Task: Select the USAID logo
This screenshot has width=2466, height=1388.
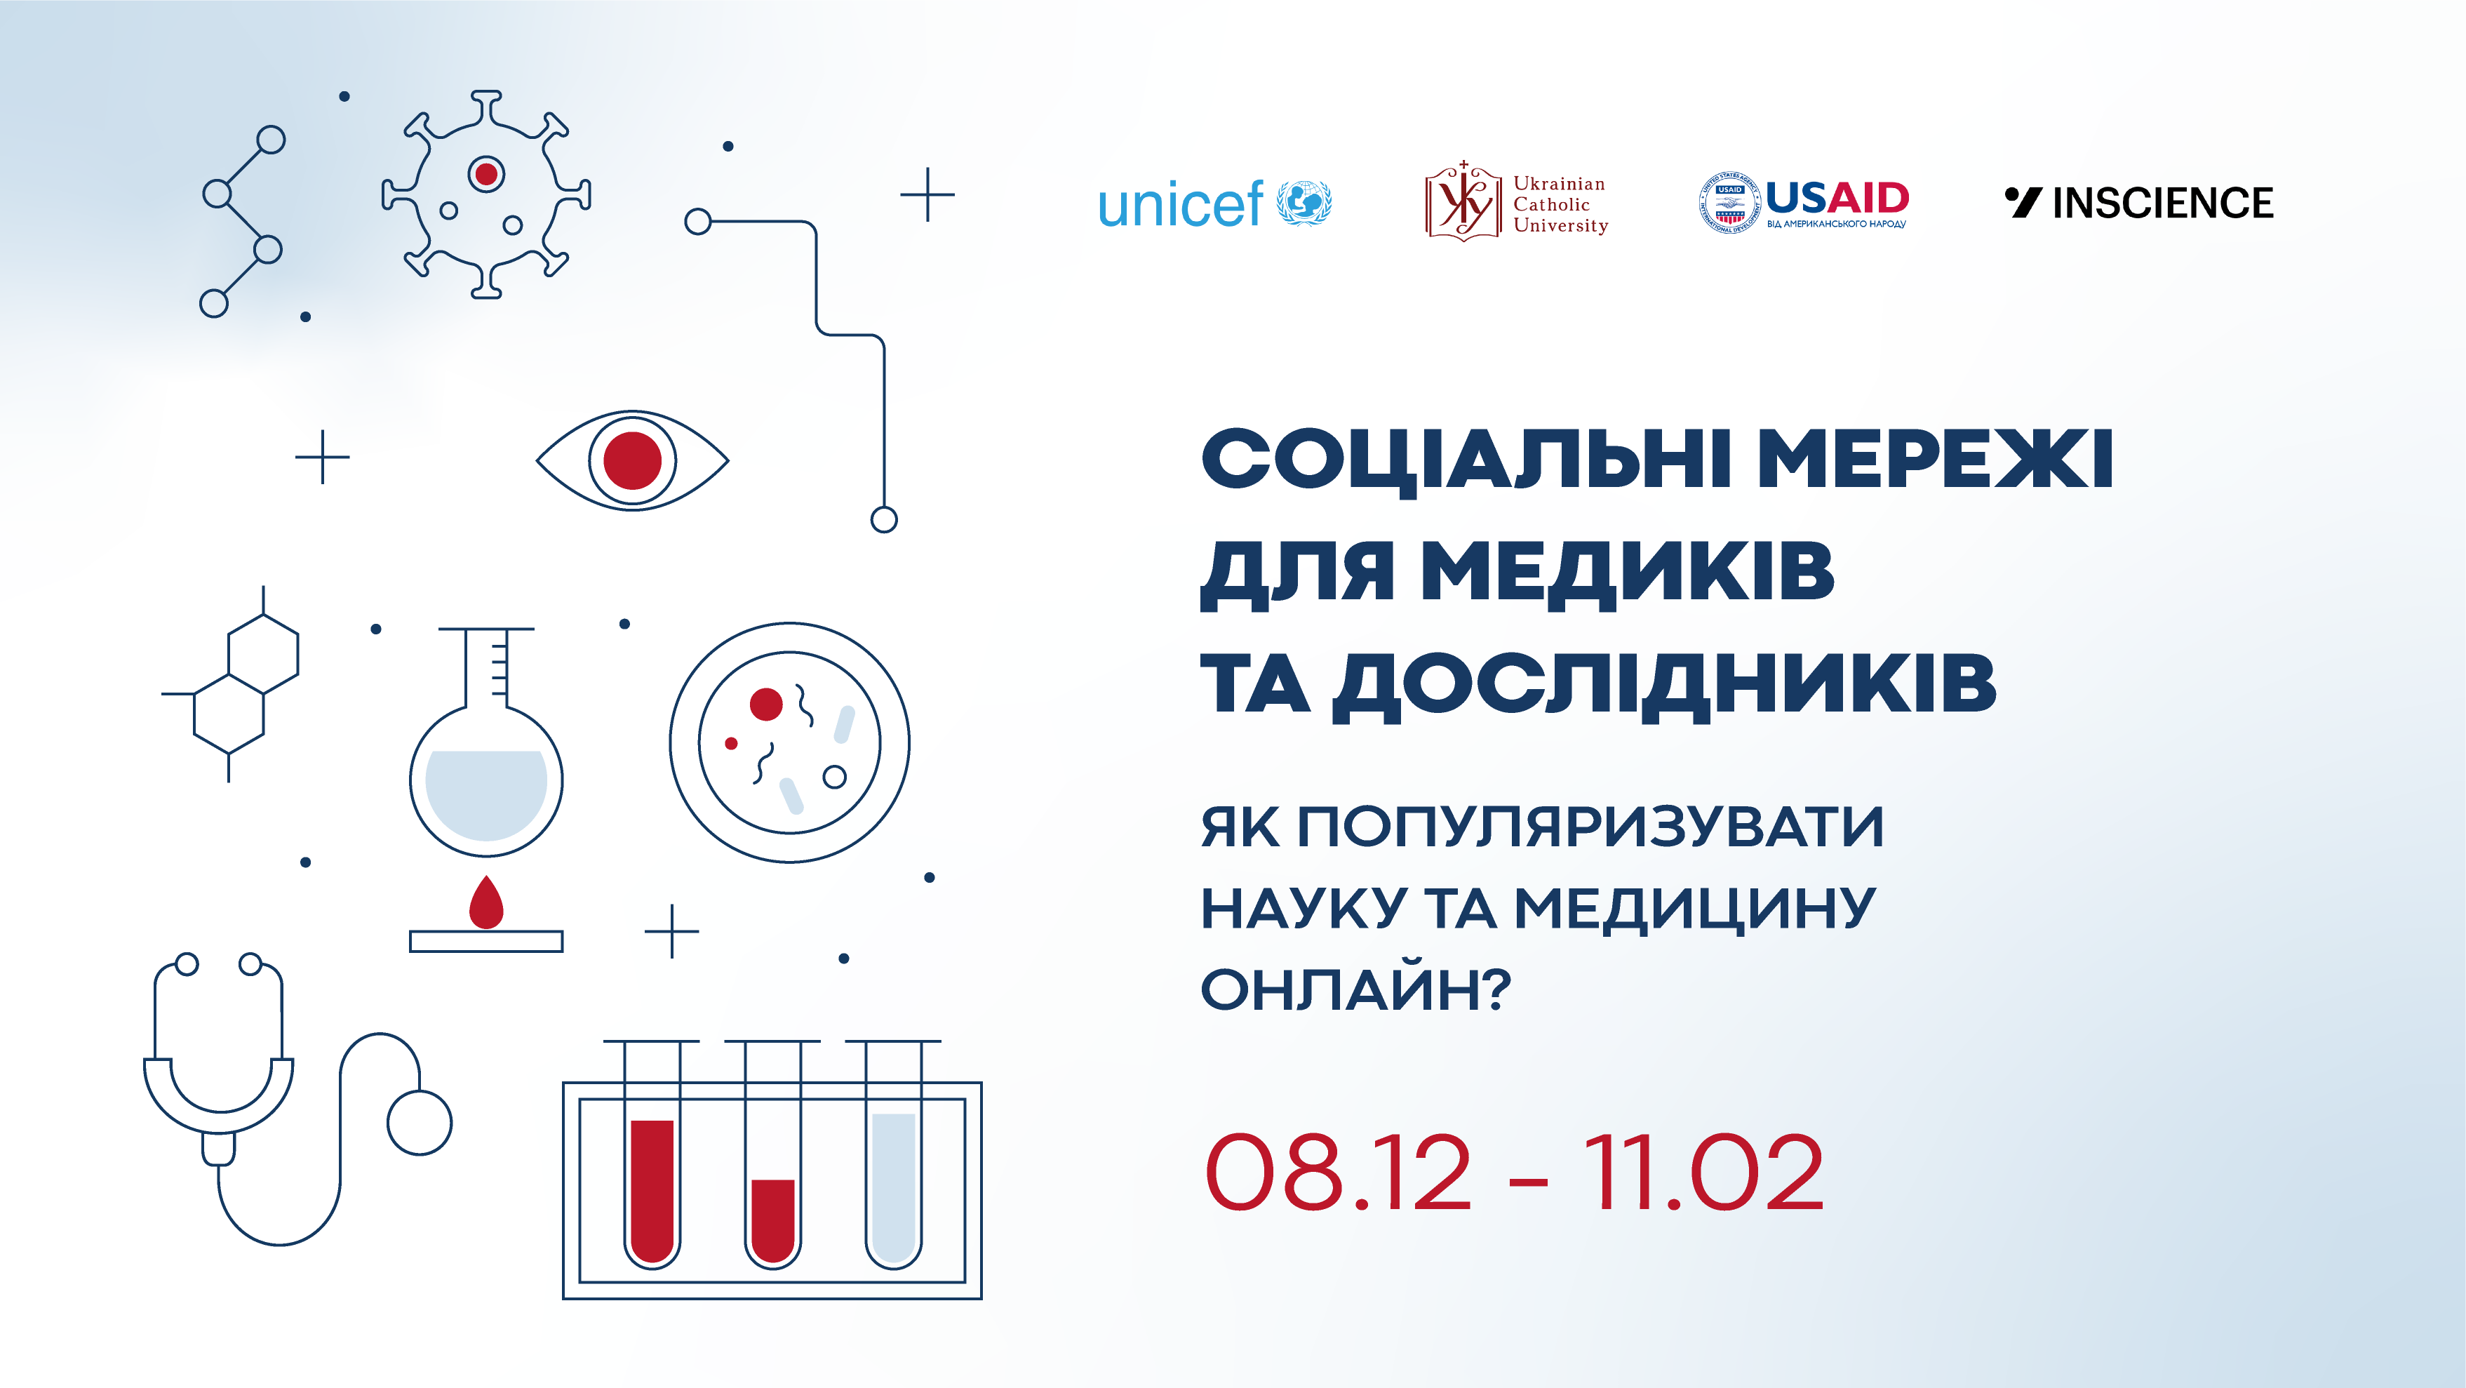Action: click(1804, 203)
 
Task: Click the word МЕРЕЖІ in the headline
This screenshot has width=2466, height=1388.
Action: click(1936, 460)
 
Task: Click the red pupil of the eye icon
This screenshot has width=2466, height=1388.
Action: click(633, 460)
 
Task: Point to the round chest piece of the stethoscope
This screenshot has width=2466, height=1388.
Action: click(420, 1123)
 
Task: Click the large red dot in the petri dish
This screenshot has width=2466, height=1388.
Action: click(766, 705)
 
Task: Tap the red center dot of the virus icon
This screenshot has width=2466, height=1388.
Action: click(486, 174)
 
